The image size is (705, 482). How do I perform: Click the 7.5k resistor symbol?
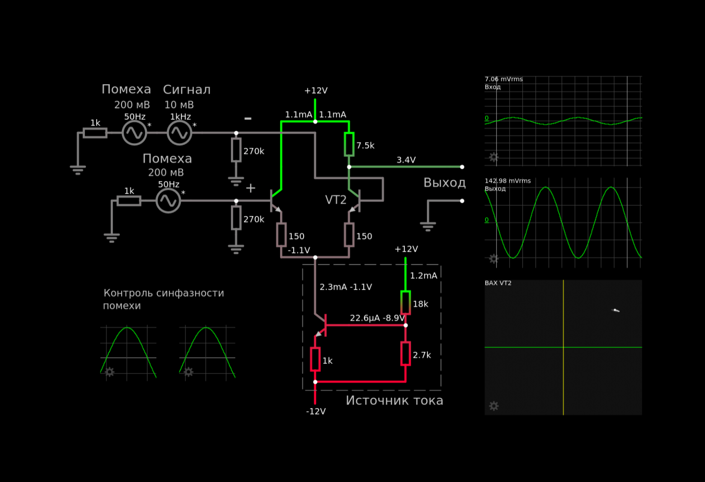coord(349,144)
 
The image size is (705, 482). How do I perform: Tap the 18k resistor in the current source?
coord(405,303)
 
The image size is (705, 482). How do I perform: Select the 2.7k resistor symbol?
coord(405,354)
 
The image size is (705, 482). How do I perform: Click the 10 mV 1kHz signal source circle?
coord(179,133)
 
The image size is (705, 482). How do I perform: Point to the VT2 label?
coord(336,200)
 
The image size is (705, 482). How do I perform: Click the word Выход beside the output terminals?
coord(444,183)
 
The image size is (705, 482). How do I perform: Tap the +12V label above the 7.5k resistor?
coord(316,91)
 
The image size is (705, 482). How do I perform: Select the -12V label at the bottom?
coord(316,411)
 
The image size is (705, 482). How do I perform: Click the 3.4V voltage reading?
coord(406,160)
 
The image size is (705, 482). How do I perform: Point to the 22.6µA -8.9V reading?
coord(377,318)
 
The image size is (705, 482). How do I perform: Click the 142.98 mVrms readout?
coord(508,181)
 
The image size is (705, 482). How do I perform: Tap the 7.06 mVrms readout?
coord(503,79)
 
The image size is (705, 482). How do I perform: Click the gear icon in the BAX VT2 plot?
coord(494,406)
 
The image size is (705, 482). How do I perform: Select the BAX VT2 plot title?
coord(498,283)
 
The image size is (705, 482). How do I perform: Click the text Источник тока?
coord(395,401)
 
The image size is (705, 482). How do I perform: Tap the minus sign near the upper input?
coord(248,119)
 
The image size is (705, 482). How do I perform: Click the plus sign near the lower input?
coord(250,188)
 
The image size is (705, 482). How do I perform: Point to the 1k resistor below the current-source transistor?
coord(315,359)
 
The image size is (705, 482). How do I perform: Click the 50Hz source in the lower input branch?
coord(169,201)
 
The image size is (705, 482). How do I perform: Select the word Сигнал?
coord(187,90)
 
